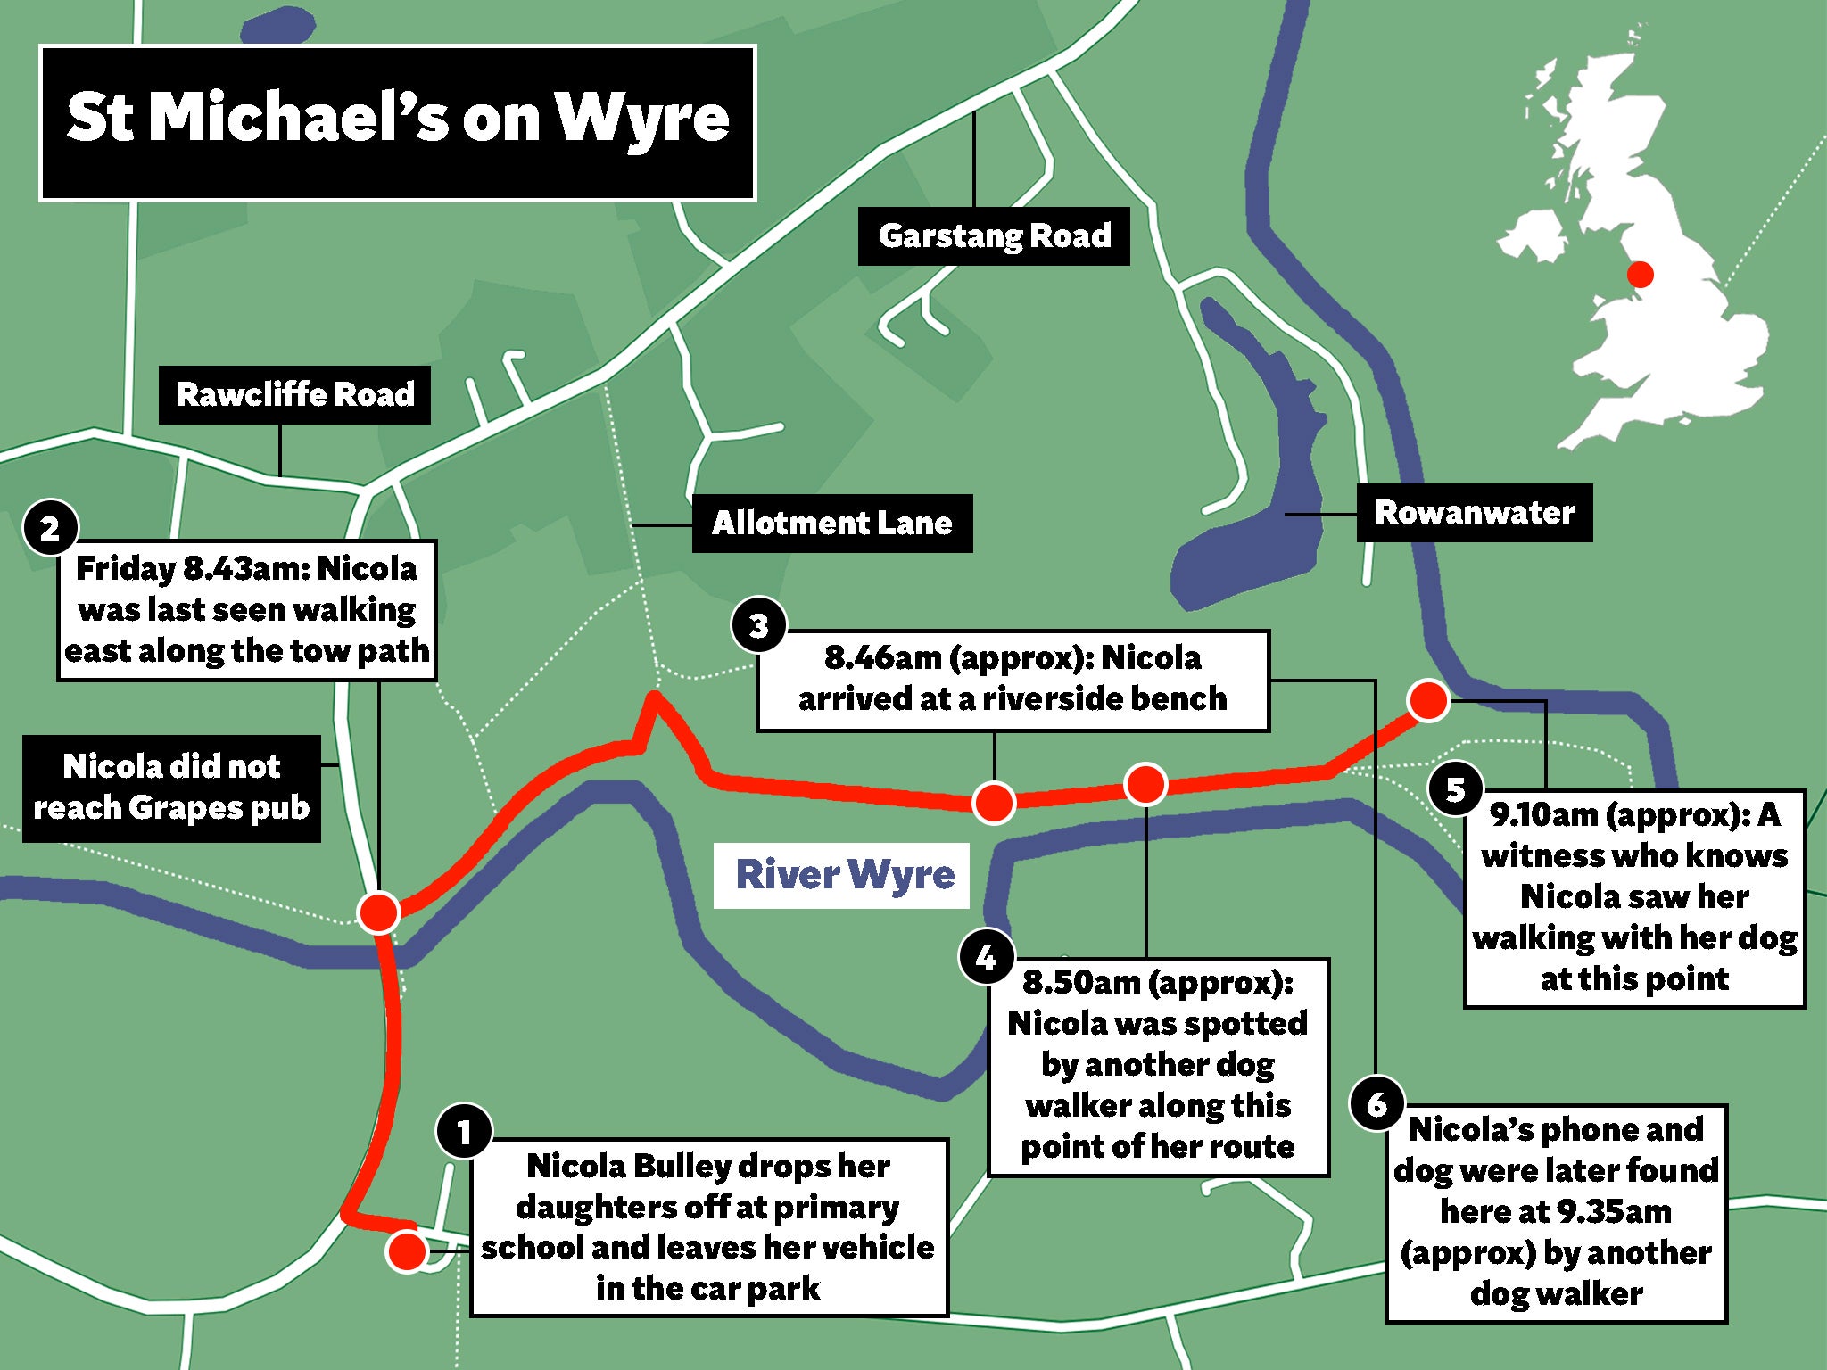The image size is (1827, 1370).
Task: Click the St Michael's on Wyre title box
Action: [x=398, y=122]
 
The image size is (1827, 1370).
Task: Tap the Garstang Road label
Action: [x=993, y=236]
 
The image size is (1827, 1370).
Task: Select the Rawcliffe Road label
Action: [x=294, y=394]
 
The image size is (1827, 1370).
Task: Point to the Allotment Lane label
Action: [x=831, y=524]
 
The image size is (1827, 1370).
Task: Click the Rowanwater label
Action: [x=1474, y=513]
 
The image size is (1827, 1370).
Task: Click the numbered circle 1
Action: [x=463, y=1132]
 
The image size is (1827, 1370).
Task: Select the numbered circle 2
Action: [x=50, y=528]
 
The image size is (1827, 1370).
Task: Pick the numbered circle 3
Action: [x=758, y=625]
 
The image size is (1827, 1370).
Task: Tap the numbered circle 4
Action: [x=985, y=957]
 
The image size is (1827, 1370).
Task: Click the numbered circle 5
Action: [x=1455, y=788]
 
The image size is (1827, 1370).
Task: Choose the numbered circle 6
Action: [x=1376, y=1103]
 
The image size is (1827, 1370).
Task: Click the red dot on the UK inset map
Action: [x=1640, y=274]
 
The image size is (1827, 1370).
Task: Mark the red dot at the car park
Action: [x=407, y=1250]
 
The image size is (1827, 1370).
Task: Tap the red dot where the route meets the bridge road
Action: [x=378, y=912]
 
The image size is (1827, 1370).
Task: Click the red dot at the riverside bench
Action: [x=994, y=801]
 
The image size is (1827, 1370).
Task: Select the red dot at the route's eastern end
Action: [x=1427, y=700]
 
